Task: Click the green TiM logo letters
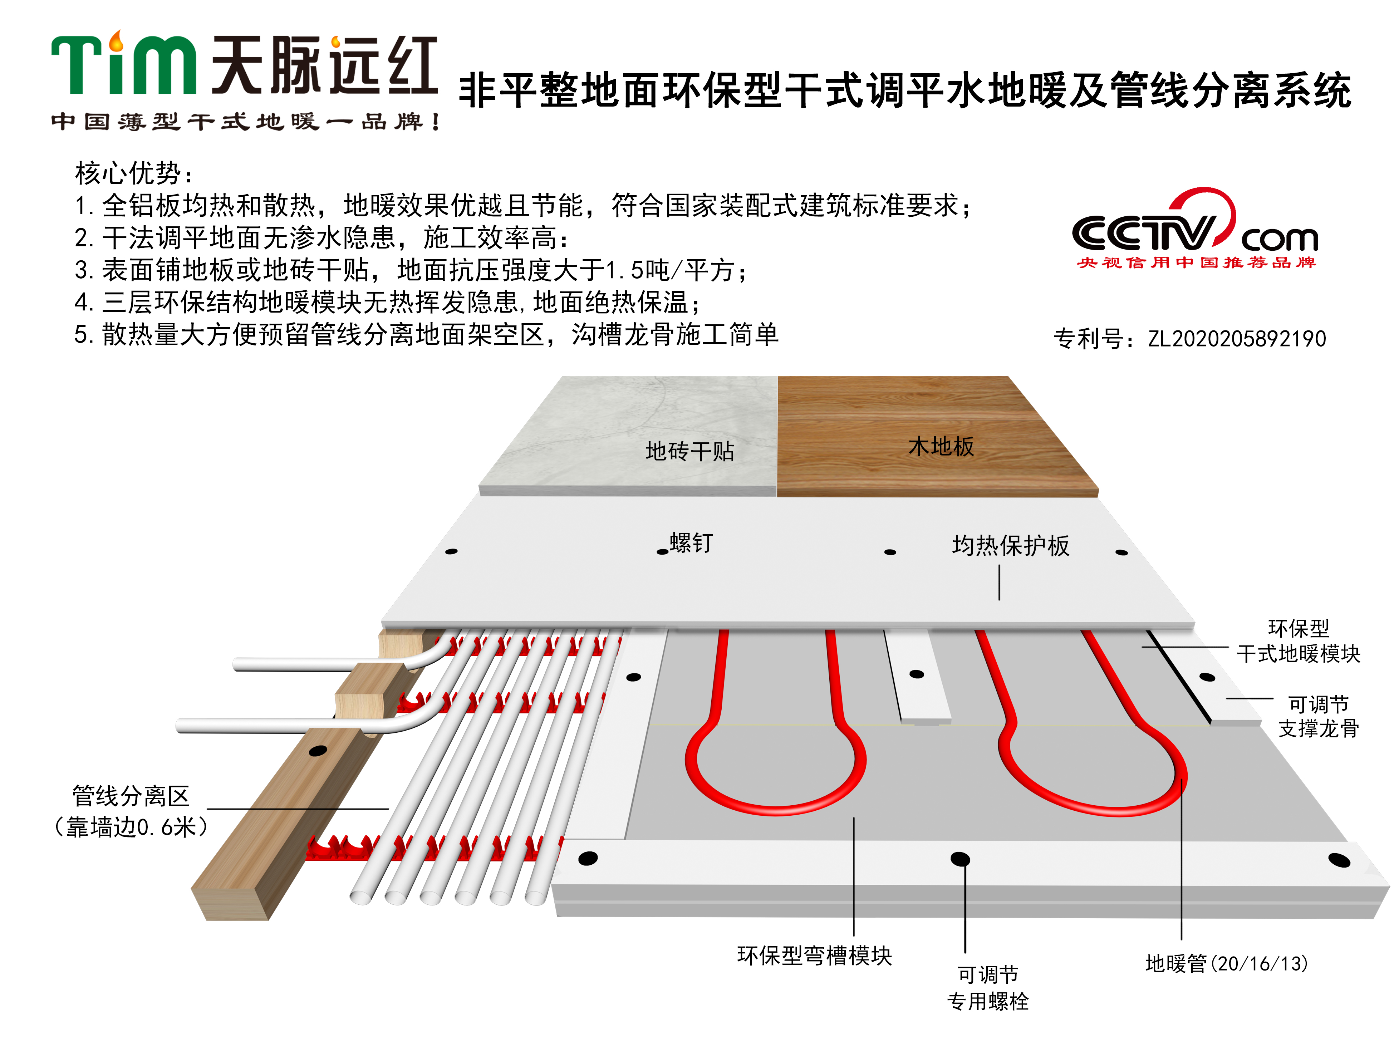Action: [x=123, y=63]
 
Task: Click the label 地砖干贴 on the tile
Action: [x=690, y=451]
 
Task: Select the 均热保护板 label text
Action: [x=1011, y=546]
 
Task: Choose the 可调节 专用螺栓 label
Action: [x=987, y=988]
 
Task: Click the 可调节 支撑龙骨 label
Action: [x=1319, y=716]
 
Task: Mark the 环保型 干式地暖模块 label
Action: [x=1298, y=641]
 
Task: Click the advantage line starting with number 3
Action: [x=411, y=270]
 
